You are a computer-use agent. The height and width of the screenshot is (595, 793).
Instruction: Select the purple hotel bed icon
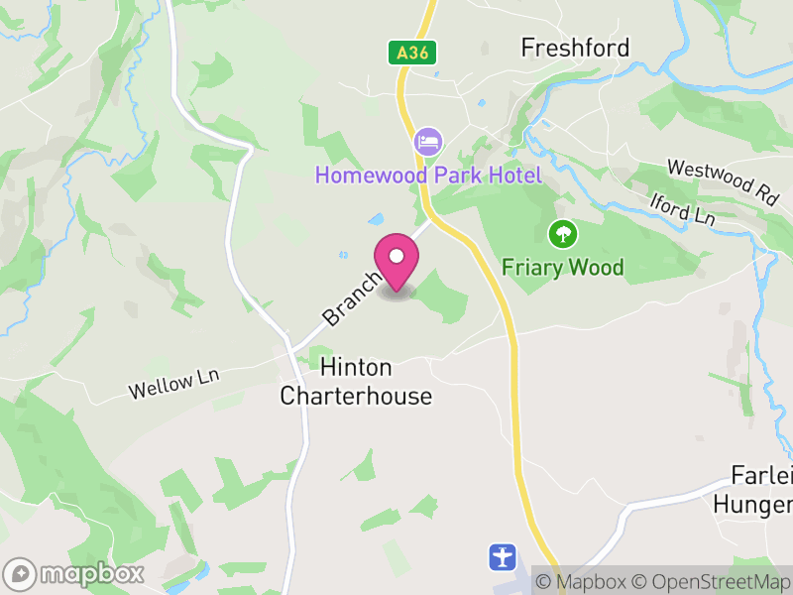[x=428, y=141]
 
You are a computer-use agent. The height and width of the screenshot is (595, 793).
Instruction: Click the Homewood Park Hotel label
[x=428, y=176]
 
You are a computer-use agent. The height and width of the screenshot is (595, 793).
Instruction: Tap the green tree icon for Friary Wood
[x=563, y=235]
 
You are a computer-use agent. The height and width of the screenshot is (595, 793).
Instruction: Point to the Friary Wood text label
[x=563, y=267]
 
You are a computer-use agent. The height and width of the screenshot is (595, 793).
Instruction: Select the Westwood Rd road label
[x=722, y=181]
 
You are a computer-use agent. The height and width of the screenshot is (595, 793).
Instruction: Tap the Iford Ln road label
[x=682, y=208]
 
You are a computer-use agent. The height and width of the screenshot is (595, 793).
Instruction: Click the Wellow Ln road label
[x=172, y=383]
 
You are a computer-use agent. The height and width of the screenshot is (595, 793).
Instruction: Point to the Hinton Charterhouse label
[x=356, y=382]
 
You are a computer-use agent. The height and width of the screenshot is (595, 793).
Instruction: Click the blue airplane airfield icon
[x=503, y=556]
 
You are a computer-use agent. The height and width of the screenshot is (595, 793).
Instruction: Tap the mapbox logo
[x=75, y=573]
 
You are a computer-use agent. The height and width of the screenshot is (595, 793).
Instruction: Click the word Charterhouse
[x=356, y=397]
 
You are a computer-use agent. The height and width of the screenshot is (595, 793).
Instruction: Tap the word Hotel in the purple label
[x=512, y=176]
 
